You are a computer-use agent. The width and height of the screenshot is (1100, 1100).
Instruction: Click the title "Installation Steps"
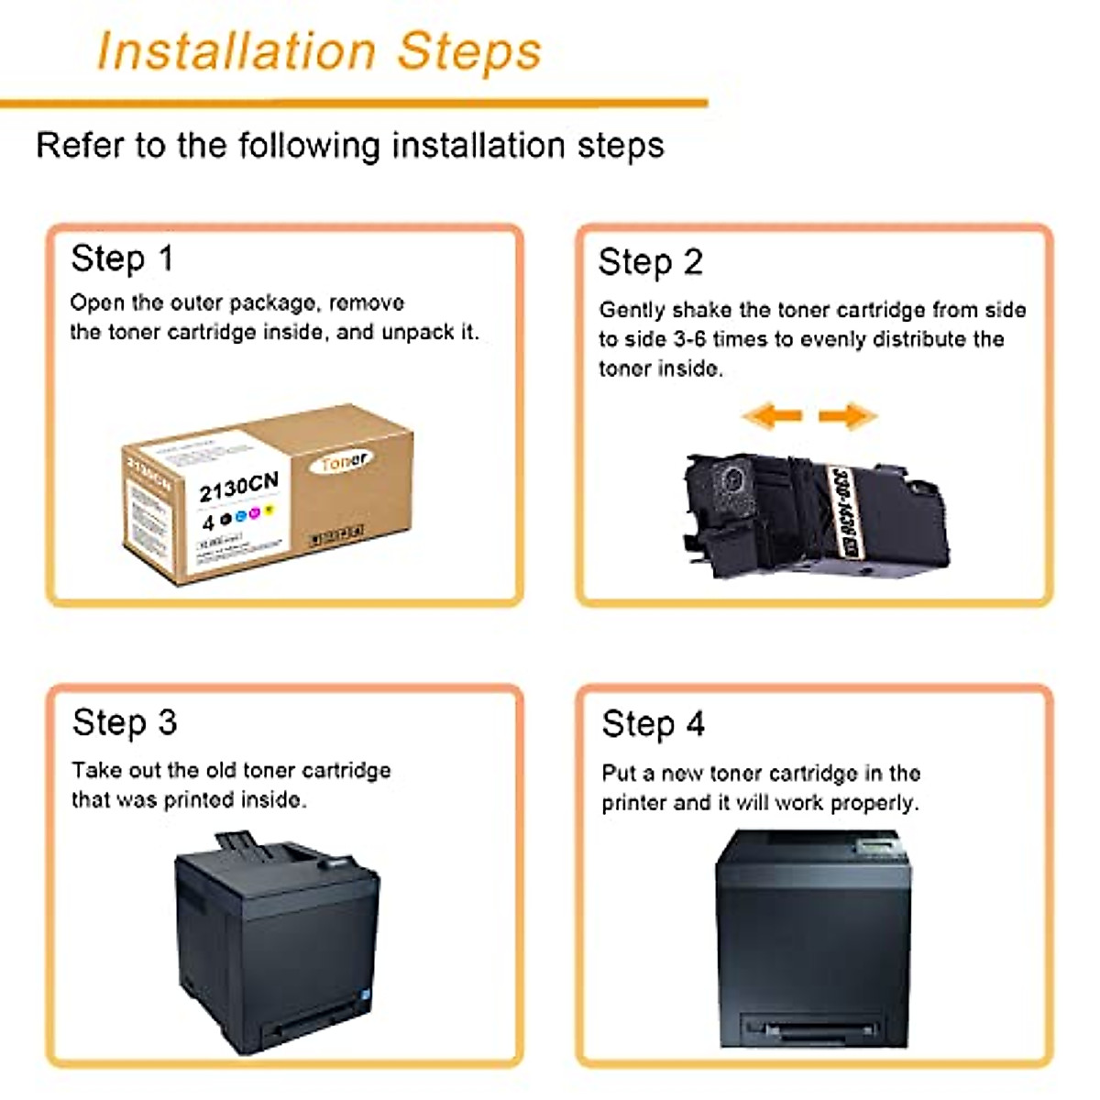tap(319, 51)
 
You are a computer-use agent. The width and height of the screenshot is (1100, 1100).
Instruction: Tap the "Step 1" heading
tap(122, 259)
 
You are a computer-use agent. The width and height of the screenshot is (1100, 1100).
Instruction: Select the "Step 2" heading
tap(650, 263)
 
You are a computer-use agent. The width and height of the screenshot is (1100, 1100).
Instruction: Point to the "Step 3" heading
tap(125, 723)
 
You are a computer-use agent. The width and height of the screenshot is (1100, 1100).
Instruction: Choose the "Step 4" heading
tap(653, 725)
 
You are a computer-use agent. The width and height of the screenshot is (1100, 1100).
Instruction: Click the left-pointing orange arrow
tap(772, 416)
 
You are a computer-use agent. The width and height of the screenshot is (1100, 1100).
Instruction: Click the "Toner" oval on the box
tap(344, 462)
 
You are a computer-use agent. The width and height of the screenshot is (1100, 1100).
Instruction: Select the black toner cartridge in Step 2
tap(816, 518)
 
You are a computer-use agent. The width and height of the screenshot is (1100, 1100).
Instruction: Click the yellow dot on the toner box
tap(269, 509)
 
